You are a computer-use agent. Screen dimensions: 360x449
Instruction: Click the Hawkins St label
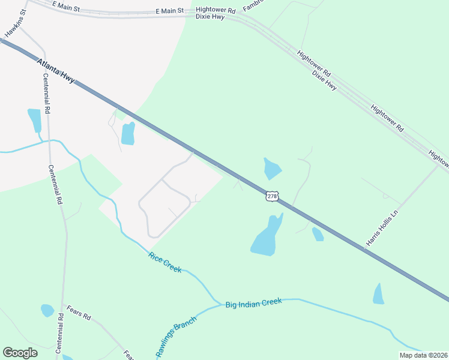[x=15, y=22]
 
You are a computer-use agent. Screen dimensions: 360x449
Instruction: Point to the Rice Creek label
[x=164, y=263]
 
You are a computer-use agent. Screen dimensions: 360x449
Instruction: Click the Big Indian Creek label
[x=254, y=304]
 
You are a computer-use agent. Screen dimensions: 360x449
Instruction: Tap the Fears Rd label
[x=79, y=316]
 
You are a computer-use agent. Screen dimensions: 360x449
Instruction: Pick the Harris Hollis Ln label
[x=382, y=228]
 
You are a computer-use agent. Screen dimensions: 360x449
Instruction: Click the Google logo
[x=20, y=353]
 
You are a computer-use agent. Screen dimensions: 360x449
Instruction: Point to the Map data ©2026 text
[x=424, y=355]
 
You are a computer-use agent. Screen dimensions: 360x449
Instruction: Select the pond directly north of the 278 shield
[x=272, y=169]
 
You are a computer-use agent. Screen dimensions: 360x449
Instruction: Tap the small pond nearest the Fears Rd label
[x=47, y=310]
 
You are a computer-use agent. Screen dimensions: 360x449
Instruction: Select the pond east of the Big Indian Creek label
[x=378, y=294]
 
